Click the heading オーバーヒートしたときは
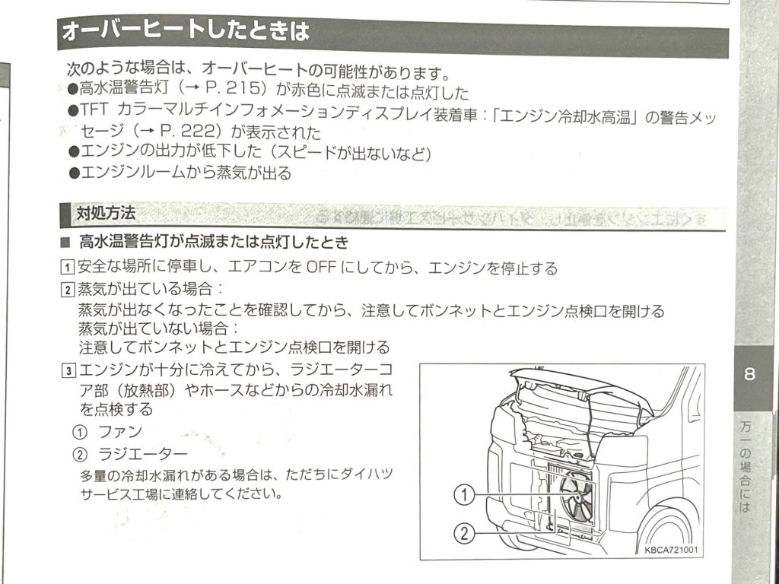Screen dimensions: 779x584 [186, 31]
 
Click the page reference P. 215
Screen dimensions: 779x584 [233, 90]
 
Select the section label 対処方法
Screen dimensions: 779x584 [106, 214]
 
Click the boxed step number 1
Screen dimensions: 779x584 [67, 268]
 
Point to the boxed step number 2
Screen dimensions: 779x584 [68, 290]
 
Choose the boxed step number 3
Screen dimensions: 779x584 [68, 370]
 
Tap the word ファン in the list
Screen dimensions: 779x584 [120, 432]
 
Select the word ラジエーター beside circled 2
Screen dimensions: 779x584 [143, 454]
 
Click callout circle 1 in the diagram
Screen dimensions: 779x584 [465, 495]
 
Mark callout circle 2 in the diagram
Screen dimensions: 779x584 [465, 533]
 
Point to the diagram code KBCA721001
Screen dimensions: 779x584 [671, 550]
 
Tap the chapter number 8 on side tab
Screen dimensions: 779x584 [749, 373]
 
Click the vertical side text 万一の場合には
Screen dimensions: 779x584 [745, 466]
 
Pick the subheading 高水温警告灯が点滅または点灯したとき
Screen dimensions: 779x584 [214, 243]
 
